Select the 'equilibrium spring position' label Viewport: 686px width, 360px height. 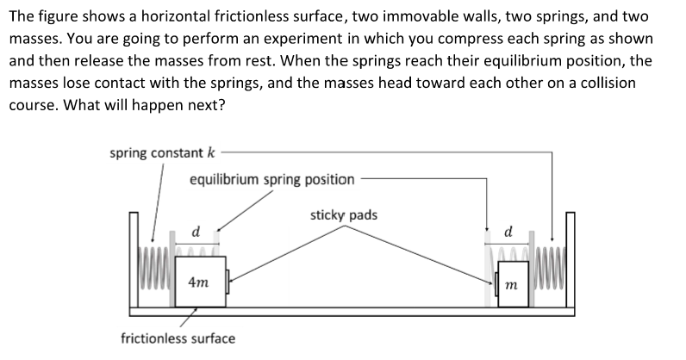271,179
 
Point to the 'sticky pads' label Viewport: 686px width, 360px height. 343,214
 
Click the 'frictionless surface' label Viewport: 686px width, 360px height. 178,338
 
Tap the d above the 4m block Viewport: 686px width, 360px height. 196,232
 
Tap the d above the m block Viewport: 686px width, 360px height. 508,232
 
